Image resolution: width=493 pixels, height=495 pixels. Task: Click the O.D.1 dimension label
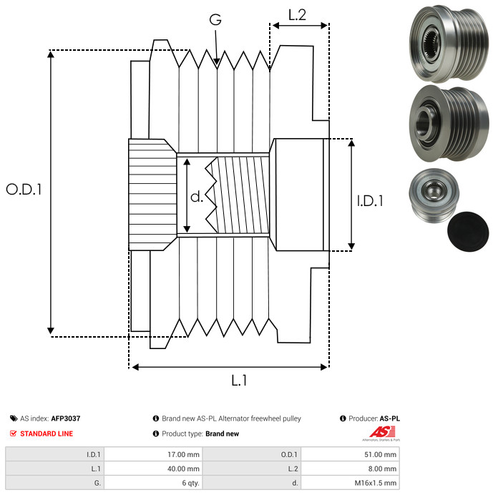click(24, 190)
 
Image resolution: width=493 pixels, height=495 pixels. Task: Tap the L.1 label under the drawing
click(238, 381)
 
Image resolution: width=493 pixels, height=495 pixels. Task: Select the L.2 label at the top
click(297, 14)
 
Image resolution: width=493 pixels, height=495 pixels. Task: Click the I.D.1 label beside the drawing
click(370, 202)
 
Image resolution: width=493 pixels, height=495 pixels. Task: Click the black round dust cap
click(468, 233)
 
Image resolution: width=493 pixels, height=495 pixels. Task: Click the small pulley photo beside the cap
click(431, 194)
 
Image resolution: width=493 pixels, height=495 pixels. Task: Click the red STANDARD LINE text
click(46, 433)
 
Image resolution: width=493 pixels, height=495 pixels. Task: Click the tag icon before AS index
click(14, 418)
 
